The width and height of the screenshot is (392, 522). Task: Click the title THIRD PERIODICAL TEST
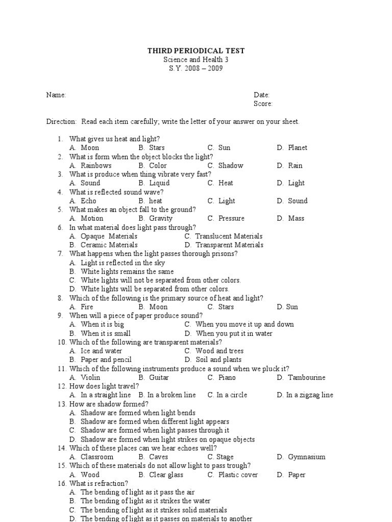click(196, 50)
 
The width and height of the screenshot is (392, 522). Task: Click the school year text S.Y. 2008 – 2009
click(196, 68)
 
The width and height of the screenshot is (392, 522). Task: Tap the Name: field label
click(56, 95)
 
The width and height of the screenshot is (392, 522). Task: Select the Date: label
click(261, 95)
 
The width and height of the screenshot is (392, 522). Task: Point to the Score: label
click(263, 103)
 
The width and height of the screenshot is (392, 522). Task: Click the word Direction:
click(61, 121)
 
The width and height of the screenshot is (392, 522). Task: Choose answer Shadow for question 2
click(231, 165)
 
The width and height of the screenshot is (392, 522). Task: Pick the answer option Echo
click(88, 201)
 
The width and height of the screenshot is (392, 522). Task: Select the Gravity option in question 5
click(161, 218)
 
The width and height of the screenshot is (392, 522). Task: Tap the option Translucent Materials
click(229, 236)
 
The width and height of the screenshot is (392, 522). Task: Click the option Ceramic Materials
click(109, 245)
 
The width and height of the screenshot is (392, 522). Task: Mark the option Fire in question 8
click(87, 307)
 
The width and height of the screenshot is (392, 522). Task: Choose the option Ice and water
click(101, 351)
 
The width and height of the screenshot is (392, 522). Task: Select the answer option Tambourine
click(306, 377)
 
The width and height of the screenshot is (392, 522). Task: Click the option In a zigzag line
click(309, 395)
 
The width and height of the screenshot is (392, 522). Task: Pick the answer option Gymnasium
click(306, 457)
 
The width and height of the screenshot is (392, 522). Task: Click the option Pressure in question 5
click(231, 218)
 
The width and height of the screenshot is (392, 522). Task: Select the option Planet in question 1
click(298, 147)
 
